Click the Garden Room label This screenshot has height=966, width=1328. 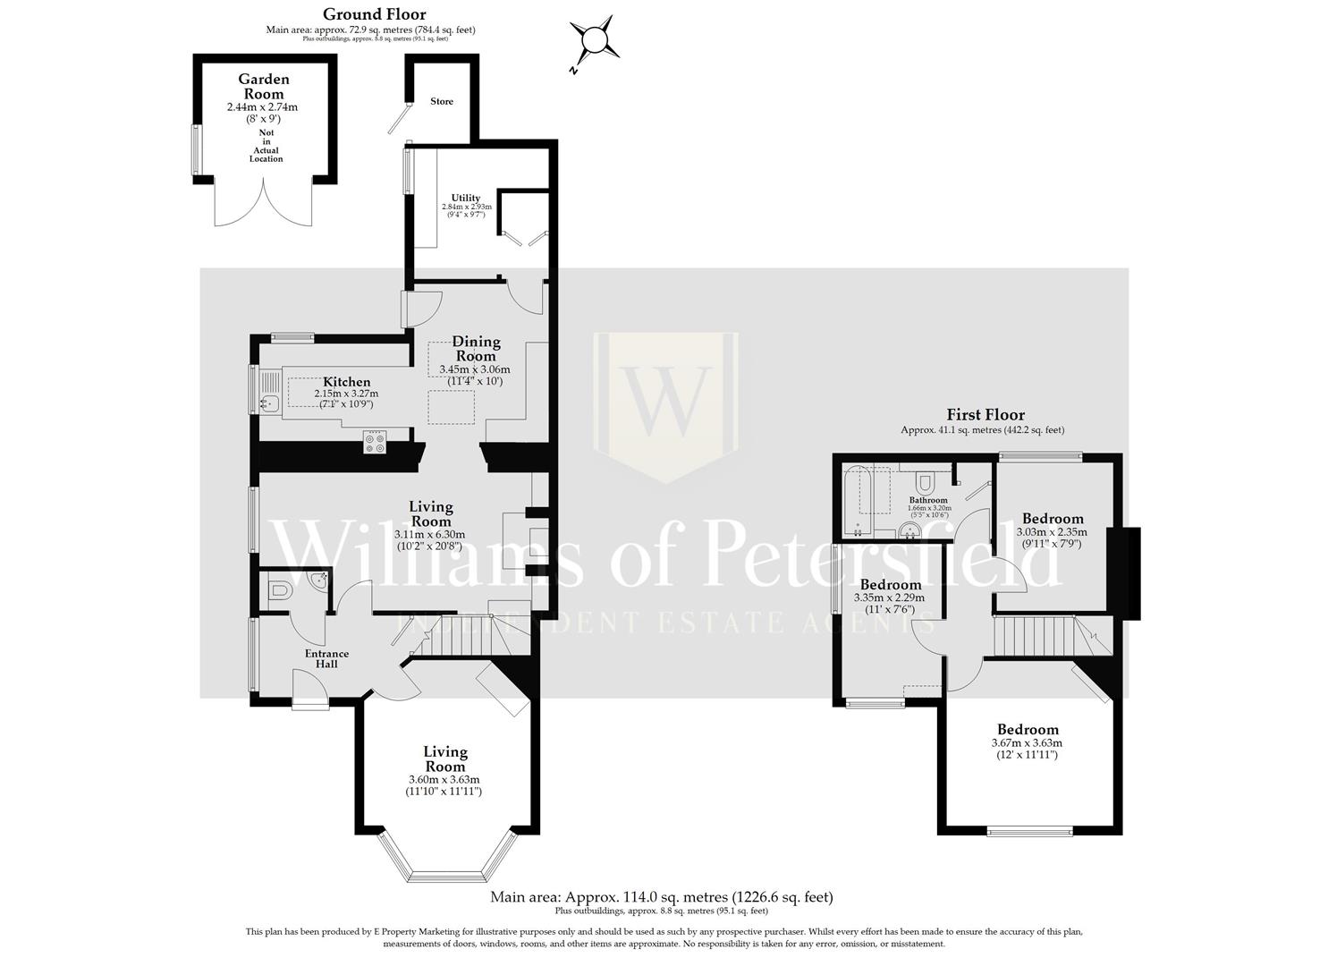[263, 87]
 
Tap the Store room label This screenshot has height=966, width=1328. [442, 102]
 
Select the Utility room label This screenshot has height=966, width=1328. [465, 198]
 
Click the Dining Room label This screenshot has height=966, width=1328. [476, 349]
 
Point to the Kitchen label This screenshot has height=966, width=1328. [346, 382]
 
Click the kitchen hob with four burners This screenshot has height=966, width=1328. [375, 442]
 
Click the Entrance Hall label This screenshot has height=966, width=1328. [326, 658]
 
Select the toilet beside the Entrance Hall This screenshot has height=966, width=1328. [278, 591]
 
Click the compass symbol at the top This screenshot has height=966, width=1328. [594, 40]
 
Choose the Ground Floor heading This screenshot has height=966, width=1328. [374, 14]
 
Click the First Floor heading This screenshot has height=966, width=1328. [985, 415]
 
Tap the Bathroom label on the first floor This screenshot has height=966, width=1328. [928, 500]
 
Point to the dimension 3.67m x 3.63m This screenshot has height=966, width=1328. [1027, 743]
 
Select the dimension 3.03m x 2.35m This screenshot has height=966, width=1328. [1052, 532]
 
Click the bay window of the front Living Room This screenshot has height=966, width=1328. [447, 859]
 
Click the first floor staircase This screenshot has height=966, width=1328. [1032, 638]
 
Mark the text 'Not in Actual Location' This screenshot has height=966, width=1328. [266, 146]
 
